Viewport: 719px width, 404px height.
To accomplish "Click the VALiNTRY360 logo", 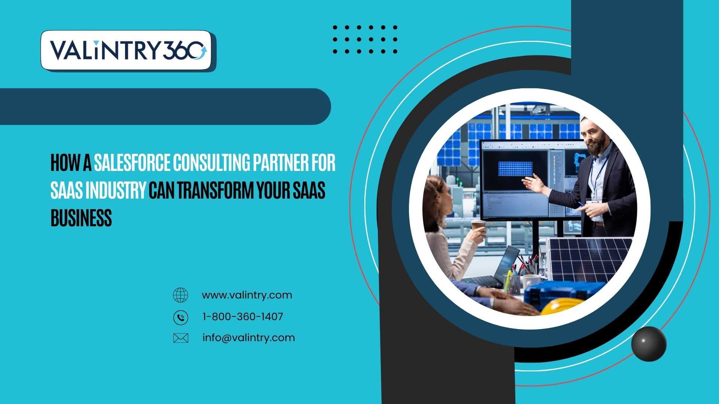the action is (128, 50).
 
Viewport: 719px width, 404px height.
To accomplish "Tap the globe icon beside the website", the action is (180, 295).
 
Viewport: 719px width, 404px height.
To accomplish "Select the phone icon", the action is (180, 317).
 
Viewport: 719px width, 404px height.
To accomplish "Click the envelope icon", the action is (180, 338).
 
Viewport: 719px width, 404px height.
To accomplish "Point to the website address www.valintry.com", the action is (247, 295).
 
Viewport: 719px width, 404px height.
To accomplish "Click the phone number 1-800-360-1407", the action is (243, 316).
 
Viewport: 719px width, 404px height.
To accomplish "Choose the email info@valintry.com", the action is (249, 338).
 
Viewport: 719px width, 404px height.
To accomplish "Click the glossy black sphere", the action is (649, 344).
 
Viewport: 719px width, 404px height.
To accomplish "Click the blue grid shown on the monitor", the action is (515, 169).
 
